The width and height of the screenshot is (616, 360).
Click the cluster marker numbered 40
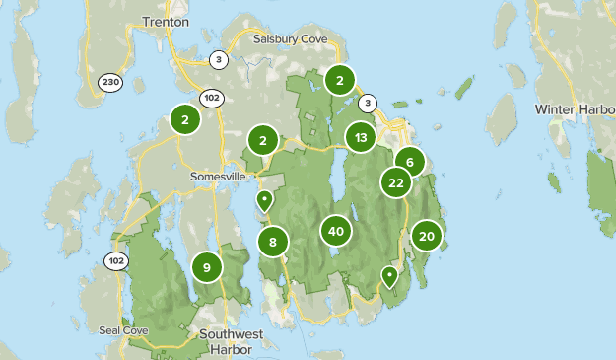[336, 232]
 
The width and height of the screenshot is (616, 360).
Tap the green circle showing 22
[396, 182]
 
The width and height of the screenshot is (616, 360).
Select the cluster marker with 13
[362, 137]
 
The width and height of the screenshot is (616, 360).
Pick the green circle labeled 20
[427, 236]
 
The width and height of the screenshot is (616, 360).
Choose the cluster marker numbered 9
[207, 266]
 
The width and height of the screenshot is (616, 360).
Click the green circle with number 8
[273, 242]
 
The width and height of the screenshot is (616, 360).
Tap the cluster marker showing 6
[410, 162]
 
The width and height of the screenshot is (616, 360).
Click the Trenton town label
[166, 21]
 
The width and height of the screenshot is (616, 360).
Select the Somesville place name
[218, 176]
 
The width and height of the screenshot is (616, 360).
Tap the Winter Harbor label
[575, 108]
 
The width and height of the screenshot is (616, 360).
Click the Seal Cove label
[123, 329]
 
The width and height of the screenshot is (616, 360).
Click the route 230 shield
[110, 82]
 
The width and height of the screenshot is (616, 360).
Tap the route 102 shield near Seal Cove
[116, 261]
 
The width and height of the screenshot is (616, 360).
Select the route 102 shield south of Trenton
[212, 98]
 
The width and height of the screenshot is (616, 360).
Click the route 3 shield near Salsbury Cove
[219, 59]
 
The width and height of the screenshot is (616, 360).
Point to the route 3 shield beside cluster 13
[368, 102]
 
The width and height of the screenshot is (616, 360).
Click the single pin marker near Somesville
[264, 201]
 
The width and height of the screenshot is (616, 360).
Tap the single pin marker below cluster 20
[390, 276]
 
